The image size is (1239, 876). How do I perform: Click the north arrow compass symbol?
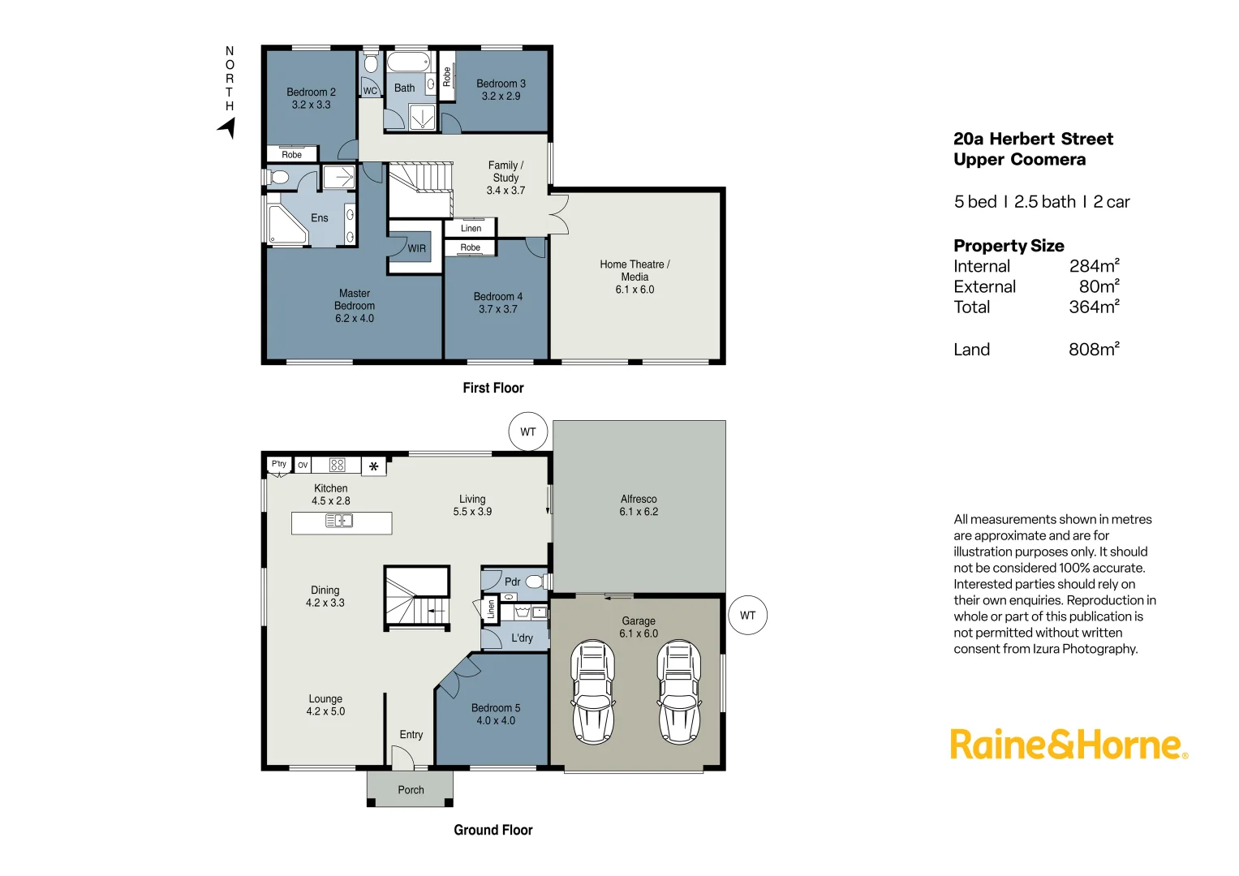tap(227, 127)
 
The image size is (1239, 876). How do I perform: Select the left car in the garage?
tap(592, 691)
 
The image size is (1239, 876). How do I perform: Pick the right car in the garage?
tap(678, 691)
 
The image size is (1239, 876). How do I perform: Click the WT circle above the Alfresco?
tap(528, 432)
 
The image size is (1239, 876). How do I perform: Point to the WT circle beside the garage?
tap(747, 616)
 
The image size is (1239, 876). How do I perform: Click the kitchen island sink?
tap(339, 521)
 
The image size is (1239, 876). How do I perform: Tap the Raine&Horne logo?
tap(1068, 745)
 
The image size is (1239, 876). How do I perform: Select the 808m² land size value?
tap(1094, 350)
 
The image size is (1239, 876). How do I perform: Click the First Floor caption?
tap(493, 388)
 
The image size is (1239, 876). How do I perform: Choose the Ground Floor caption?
tap(493, 830)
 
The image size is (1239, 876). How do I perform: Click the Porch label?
tap(411, 790)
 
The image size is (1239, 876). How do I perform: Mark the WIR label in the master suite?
tap(416, 249)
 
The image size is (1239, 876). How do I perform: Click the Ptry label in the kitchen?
tap(279, 464)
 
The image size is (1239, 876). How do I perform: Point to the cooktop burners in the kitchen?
tap(338, 465)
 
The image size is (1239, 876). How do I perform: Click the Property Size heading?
tap(1009, 246)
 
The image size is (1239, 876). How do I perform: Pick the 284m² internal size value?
tap(1094, 266)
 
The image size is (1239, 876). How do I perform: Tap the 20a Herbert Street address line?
tap(1033, 139)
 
